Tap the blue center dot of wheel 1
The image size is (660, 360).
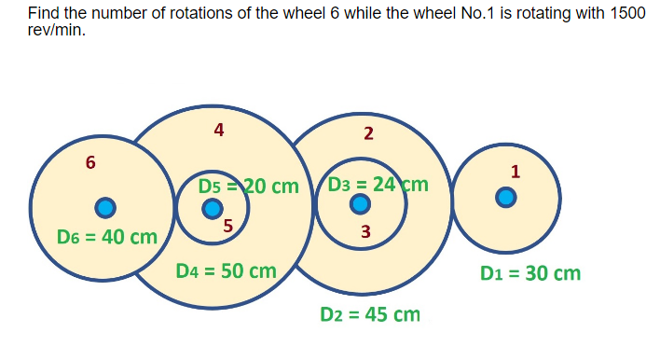[505, 197]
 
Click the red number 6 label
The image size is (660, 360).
[89, 162]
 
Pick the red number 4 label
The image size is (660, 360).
[218, 130]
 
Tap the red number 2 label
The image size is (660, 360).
[368, 133]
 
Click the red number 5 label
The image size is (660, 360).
[227, 223]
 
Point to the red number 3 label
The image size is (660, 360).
[365, 231]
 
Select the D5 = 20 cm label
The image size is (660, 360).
[247, 185]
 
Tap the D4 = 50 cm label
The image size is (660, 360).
[227, 271]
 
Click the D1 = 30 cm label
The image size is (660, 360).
[530, 273]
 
